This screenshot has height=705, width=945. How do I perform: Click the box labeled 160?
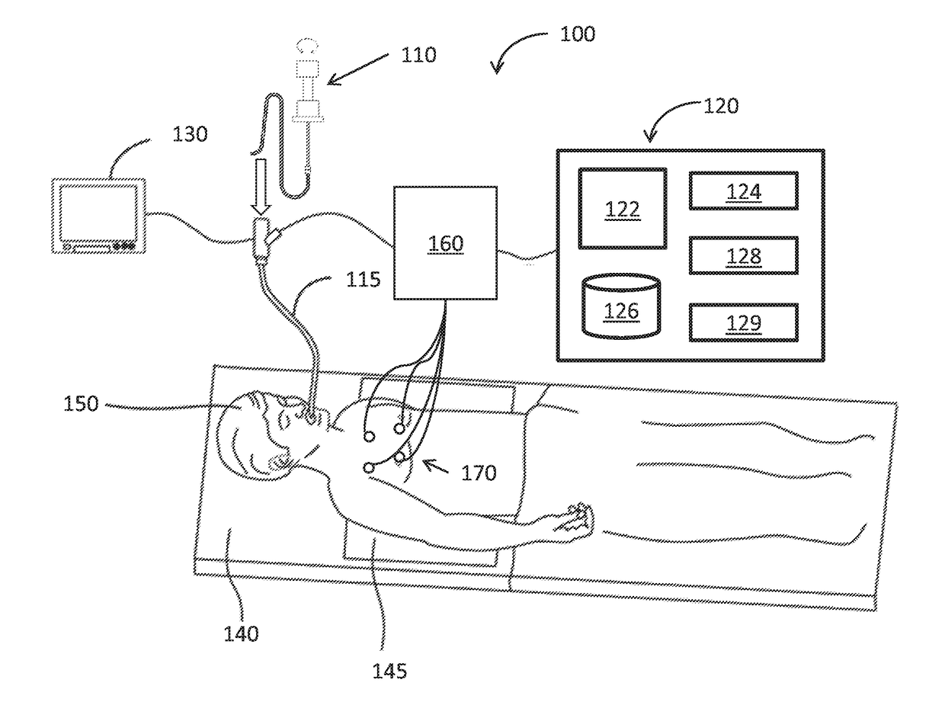(444, 244)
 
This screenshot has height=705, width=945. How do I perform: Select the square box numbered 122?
(623, 208)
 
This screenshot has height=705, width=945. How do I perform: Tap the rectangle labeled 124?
(744, 191)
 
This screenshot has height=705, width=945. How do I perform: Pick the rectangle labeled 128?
(744, 255)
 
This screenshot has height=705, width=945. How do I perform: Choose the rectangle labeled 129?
(744, 322)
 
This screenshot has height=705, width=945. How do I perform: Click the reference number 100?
(578, 34)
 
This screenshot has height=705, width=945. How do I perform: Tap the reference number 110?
(418, 55)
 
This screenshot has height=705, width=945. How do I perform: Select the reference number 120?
(720, 106)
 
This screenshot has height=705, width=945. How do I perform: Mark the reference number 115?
(362, 280)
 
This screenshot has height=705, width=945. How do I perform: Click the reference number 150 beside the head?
(81, 403)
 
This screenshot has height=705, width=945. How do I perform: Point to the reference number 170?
(479, 473)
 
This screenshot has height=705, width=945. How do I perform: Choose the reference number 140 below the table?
(241, 633)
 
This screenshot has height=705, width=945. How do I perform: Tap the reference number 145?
(389, 671)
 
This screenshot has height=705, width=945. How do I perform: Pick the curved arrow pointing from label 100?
(514, 50)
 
